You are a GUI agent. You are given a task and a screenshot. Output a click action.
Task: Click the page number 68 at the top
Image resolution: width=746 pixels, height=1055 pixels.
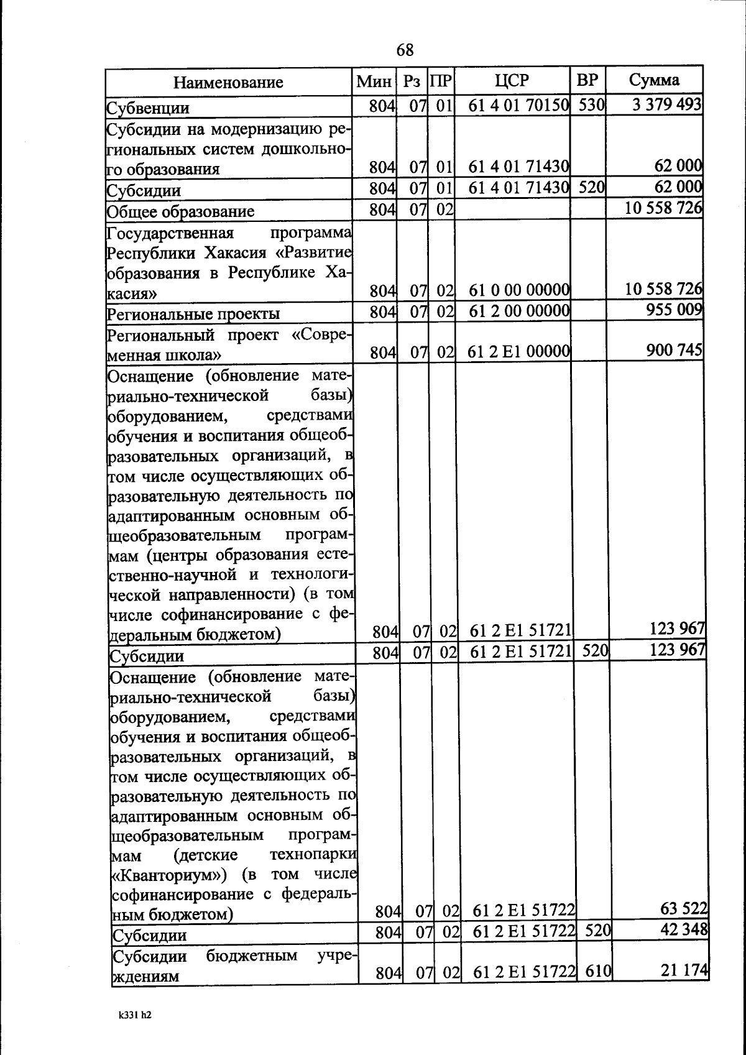click(x=404, y=50)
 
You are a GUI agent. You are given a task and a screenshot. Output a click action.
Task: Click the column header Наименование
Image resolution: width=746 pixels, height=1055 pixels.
click(x=228, y=82)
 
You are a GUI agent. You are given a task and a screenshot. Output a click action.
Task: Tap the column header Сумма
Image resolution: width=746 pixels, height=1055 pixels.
click(x=654, y=80)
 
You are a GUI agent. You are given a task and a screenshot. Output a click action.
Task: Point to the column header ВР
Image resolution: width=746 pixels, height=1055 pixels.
click(x=587, y=81)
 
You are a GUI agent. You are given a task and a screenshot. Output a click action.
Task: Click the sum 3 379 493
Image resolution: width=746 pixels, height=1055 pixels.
click(x=667, y=104)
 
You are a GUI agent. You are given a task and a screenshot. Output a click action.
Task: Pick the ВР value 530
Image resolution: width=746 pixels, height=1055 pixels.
click(x=591, y=104)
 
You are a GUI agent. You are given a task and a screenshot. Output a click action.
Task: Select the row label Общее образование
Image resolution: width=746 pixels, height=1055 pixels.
click(x=181, y=211)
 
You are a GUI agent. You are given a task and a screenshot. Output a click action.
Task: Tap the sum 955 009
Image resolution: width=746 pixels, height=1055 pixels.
click(x=674, y=309)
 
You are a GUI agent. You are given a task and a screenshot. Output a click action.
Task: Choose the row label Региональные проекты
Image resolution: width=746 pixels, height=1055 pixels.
click(x=193, y=314)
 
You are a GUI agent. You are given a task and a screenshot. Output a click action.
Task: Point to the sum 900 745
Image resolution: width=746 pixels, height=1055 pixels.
click(x=674, y=351)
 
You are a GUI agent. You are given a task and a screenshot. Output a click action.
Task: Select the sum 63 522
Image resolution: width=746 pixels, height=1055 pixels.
click(x=684, y=908)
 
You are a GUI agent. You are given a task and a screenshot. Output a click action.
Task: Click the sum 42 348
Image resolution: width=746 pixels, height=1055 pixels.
click(x=684, y=929)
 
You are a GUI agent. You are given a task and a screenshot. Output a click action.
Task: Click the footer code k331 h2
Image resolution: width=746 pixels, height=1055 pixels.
click(x=136, y=1015)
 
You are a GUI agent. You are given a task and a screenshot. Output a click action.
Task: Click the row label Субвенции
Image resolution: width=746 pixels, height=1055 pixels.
click(x=148, y=108)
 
